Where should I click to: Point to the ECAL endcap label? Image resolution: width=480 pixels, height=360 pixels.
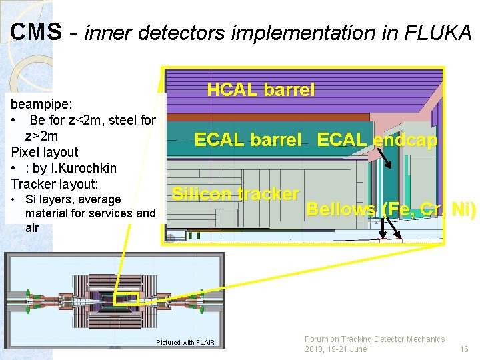[x=377, y=140]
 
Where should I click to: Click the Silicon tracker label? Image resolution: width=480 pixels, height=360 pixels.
[x=235, y=194]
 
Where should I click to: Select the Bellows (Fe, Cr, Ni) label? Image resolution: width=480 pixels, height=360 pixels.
[x=391, y=210]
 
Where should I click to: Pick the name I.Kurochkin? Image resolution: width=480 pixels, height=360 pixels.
[x=84, y=167]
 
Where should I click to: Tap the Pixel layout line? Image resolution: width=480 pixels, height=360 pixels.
[x=45, y=152]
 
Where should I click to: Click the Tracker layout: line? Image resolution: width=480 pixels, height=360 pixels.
[x=55, y=183]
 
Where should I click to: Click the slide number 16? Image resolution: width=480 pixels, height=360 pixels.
[x=464, y=349]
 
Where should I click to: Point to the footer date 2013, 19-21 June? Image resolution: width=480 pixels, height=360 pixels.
[x=335, y=349]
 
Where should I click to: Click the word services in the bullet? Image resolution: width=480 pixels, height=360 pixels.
[x=121, y=213]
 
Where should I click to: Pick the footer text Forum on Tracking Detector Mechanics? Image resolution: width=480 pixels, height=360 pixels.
[x=374, y=339]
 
